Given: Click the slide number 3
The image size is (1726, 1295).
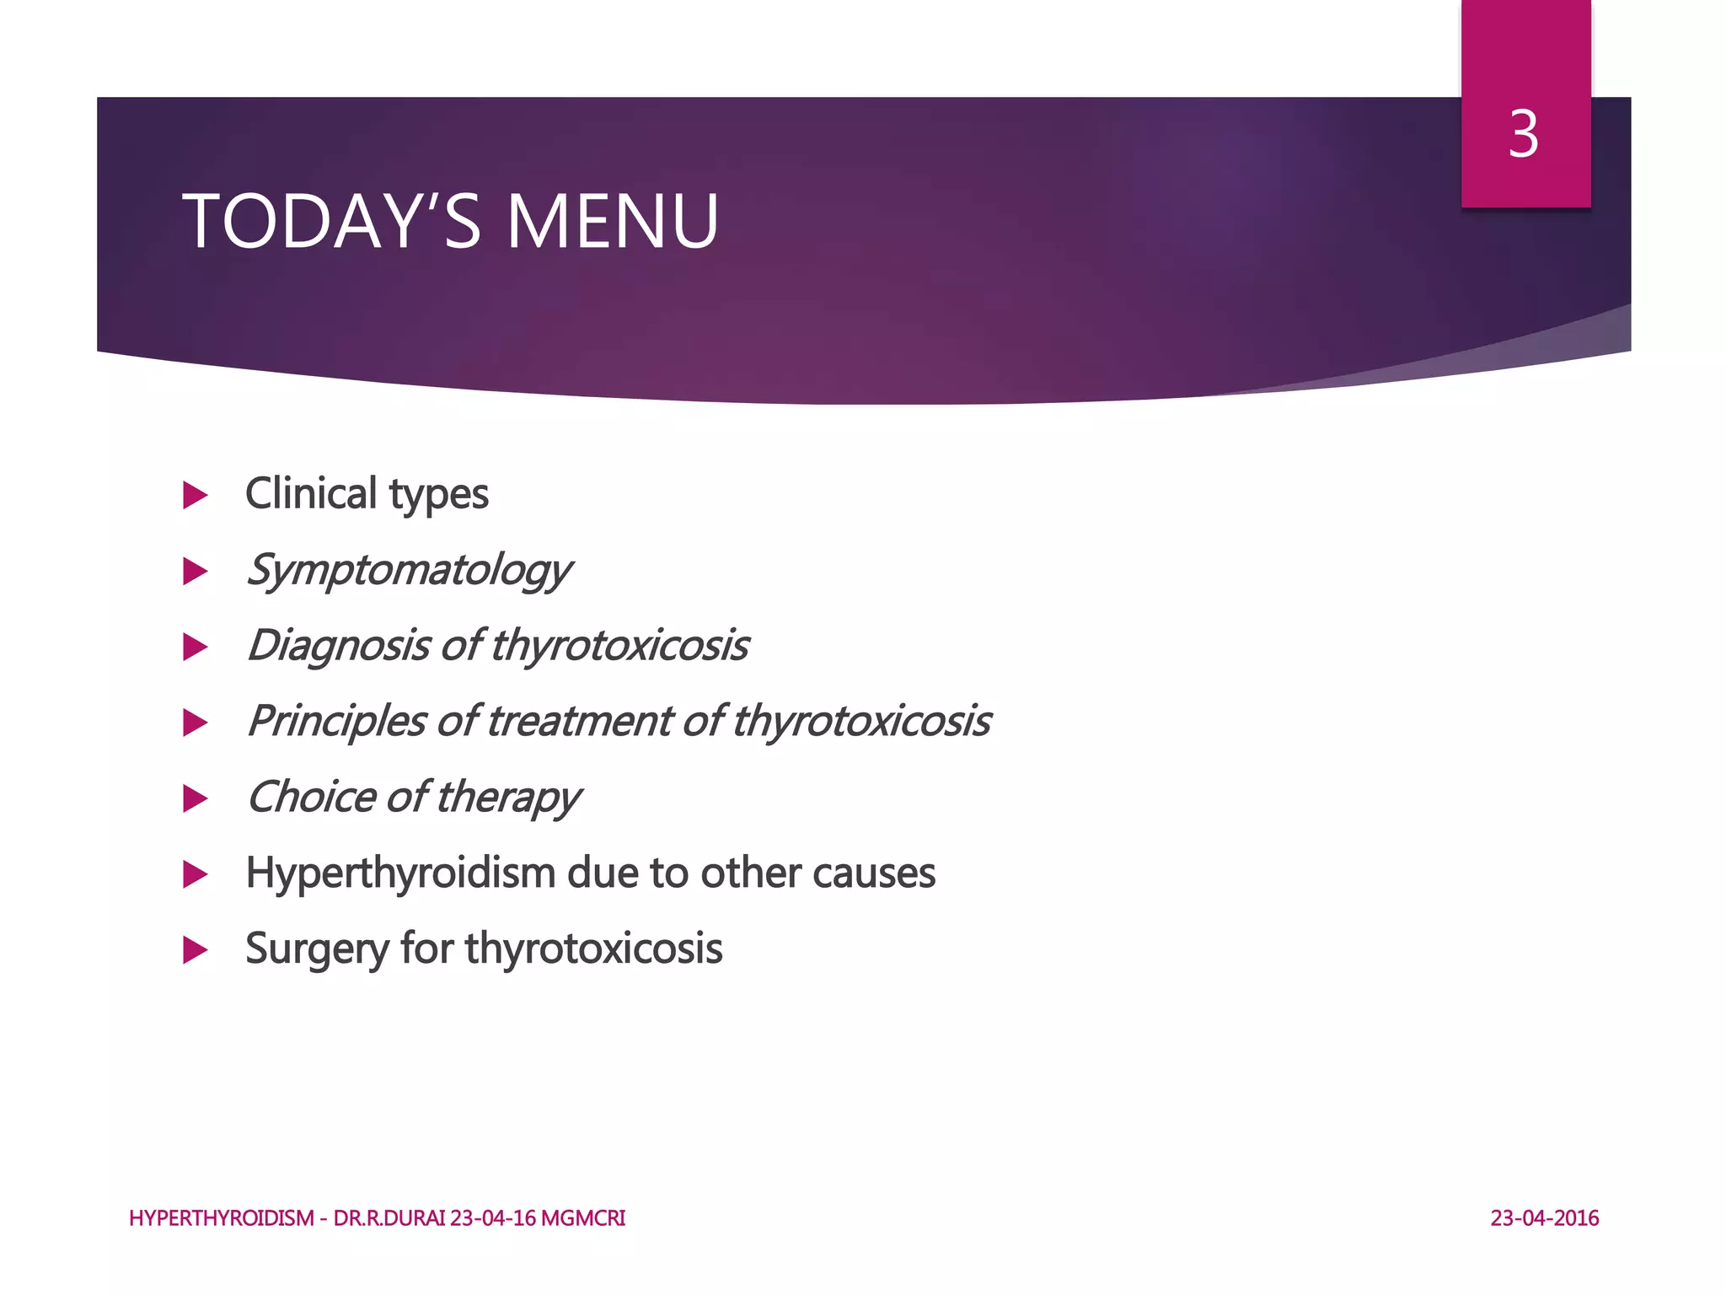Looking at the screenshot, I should point(1524,135).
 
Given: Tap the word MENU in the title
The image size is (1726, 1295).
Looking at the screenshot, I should point(612,222).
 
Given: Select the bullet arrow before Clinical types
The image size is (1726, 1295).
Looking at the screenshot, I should point(196,495).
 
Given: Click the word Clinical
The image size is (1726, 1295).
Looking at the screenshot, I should point(311,494).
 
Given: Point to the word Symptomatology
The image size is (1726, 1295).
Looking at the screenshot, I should point(409,571).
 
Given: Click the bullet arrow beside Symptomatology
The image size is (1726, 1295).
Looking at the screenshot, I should point(196,572).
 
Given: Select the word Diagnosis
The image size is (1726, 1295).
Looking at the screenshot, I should point(339,646).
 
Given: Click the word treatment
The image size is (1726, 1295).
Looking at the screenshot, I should point(579,722).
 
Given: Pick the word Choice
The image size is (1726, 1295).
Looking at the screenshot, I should point(311,798).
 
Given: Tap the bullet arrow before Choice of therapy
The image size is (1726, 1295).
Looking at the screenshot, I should point(196,798).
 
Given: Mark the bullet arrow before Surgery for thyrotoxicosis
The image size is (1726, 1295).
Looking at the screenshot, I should point(196,950).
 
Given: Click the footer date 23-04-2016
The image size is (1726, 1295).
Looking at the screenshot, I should point(1544,1218).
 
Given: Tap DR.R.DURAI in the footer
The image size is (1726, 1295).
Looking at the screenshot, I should point(389,1218).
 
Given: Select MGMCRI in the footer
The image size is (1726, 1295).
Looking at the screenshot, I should point(583,1218).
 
